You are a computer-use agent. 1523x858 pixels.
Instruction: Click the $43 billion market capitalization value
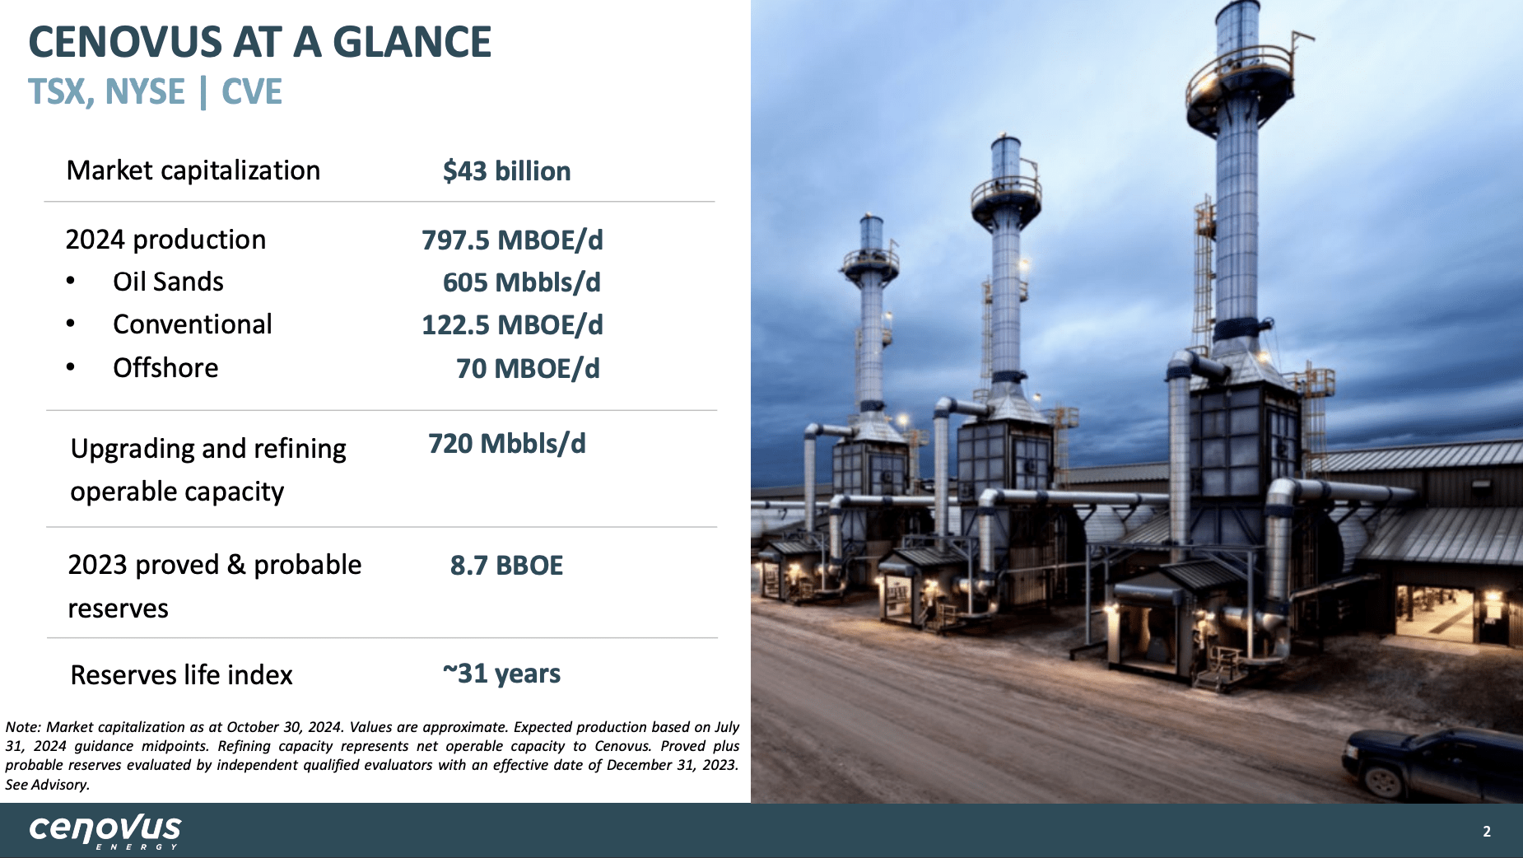506,171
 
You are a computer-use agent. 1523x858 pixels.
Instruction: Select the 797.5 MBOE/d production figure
512,240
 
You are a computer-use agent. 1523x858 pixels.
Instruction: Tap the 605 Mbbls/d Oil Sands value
521,282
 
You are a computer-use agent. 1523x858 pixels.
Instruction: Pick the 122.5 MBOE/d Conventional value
512,325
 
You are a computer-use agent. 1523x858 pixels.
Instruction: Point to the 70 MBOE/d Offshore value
528,369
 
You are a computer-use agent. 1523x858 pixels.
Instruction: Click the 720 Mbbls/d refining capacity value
506,444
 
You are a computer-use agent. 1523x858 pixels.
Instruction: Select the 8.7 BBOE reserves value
506,566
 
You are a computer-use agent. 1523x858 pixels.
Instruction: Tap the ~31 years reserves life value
501,674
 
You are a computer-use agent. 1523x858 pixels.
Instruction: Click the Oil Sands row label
168,282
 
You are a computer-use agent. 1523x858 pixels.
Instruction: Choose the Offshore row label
165,368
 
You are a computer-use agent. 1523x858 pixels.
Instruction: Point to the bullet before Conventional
71,324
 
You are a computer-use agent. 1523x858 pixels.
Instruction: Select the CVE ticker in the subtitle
252,91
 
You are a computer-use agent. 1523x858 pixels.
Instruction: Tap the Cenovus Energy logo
105,830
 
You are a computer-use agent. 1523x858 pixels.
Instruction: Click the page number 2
1487,832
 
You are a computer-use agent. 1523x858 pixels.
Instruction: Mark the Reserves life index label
181,675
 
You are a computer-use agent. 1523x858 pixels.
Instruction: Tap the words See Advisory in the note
47,785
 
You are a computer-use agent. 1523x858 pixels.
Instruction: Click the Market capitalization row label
193,170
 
